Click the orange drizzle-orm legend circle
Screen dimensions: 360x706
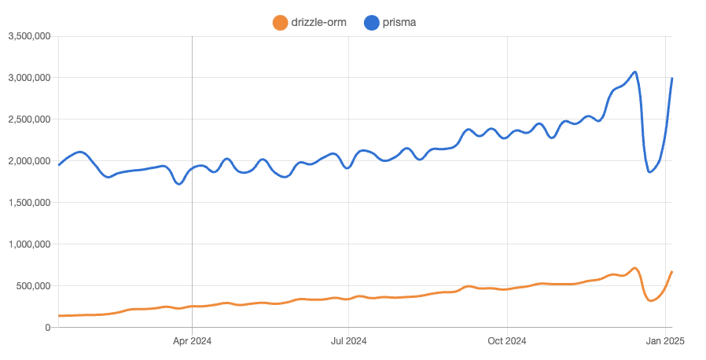pyautogui.click(x=280, y=23)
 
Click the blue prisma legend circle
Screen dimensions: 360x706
pyautogui.click(x=373, y=23)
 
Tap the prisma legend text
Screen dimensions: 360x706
pyautogui.click(x=400, y=23)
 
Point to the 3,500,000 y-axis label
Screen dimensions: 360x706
pyautogui.click(x=29, y=36)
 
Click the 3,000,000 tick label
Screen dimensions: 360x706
pyautogui.click(x=29, y=78)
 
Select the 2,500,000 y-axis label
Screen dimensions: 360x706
pyautogui.click(x=29, y=119)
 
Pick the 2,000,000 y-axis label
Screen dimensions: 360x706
pyautogui.click(x=29, y=161)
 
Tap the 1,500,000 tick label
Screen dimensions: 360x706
pyautogui.click(x=29, y=203)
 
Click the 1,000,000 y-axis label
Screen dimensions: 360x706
pyautogui.click(x=29, y=244)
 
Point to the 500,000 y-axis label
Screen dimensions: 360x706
pyautogui.click(x=34, y=286)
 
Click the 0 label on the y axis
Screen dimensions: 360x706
pyautogui.click(x=48, y=328)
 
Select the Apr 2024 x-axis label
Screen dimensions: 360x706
pyautogui.click(x=192, y=341)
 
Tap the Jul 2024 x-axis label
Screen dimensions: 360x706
pyautogui.click(x=348, y=341)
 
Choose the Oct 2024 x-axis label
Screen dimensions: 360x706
pyautogui.click(x=507, y=341)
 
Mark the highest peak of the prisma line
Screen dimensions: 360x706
pyautogui.click(x=635, y=72)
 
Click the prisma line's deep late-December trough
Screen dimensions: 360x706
pyautogui.click(x=650, y=171)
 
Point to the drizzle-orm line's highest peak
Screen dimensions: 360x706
pyautogui.click(x=635, y=268)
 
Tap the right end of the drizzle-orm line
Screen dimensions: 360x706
pyautogui.click(x=672, y=272)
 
